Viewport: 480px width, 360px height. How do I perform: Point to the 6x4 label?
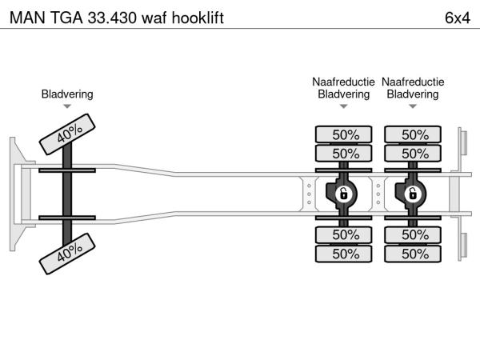pos(457,17)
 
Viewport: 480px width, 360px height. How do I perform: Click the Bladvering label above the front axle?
pos(67,94)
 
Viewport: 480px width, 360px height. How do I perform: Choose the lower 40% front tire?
pos(70,254)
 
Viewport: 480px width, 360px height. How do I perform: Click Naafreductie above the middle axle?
pos(343,82)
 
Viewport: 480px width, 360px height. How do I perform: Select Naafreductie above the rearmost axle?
pos(413,82)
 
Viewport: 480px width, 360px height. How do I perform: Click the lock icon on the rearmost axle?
pos(414,194)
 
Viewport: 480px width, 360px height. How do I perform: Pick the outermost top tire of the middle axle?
pos(344,134)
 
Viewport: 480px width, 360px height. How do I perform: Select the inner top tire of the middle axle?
pos(344,153)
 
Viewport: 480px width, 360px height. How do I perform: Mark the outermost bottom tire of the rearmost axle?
pos(414,254)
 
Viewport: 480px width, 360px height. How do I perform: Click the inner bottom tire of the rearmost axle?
pos(414,234)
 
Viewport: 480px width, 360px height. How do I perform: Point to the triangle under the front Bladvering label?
pos(67,106)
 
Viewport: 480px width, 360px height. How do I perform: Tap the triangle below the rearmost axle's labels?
pos(413,106)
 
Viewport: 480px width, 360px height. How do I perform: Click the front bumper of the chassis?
pos(15,194)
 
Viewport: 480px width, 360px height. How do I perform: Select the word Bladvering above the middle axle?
pos(343,94)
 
